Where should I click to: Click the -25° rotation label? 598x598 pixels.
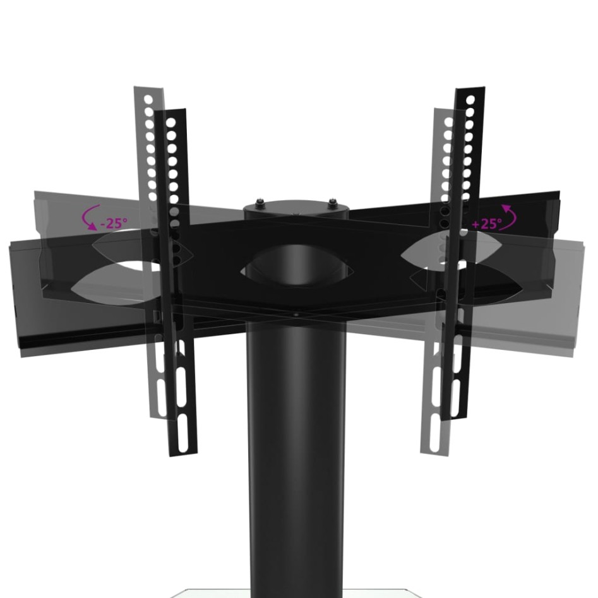tap(114, 224)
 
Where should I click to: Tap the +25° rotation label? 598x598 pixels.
tap(486, 223)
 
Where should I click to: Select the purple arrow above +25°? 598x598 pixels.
tap(510, 215)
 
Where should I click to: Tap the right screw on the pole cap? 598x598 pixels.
tap(332, 203)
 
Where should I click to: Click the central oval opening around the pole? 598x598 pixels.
tap(297, 270)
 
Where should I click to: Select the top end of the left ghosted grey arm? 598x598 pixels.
tap(148, 90)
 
